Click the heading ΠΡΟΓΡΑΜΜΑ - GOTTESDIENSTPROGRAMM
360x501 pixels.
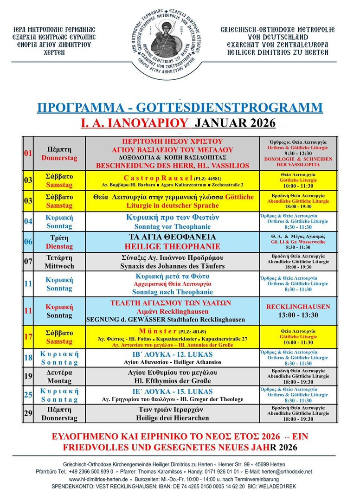tap(180, 108)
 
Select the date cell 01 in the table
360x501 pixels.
tap(28, 153)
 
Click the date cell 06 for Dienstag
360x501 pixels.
tap(28, 242)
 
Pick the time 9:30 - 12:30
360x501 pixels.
tap(299, 154)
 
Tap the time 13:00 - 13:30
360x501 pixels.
tap(298, 315)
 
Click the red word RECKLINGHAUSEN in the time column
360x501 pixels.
tap(298, 307)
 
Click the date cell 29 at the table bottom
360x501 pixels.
tap(28, 413)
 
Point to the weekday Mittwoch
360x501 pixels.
tap(60, 266)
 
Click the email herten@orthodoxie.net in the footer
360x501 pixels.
tap(288, 471)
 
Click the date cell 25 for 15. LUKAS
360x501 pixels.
tap(28, 394)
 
